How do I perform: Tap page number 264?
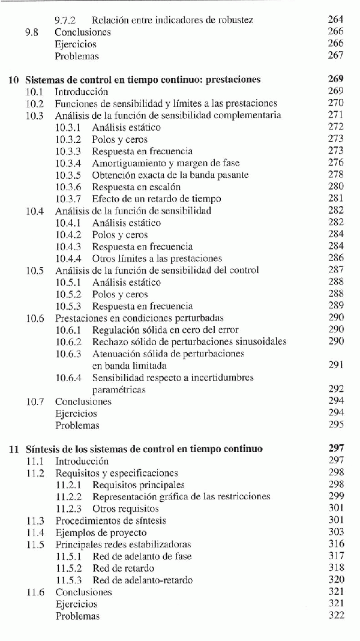(336, 20)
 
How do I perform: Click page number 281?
(336, 199)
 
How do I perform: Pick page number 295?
(336, 425)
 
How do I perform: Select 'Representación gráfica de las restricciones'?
(181, 496)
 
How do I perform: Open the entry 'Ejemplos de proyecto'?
(109, 532)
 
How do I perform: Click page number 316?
(336, 544)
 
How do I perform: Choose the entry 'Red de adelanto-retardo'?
(142, 580)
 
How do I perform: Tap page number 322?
(336, 616)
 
